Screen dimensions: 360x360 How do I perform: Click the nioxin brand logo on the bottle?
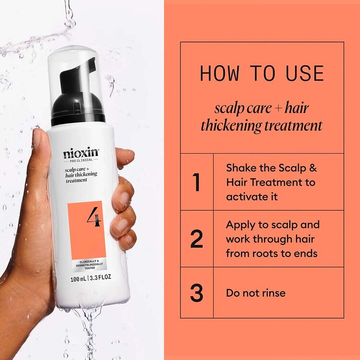(x=81, y=154)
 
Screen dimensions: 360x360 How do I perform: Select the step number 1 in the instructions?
(x=196, y=182)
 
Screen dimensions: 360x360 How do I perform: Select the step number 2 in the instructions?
(x=196, y=239)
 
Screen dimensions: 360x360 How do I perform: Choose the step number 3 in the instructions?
(x=196, y=293)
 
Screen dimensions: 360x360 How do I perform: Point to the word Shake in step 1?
(x=241, y=168)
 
